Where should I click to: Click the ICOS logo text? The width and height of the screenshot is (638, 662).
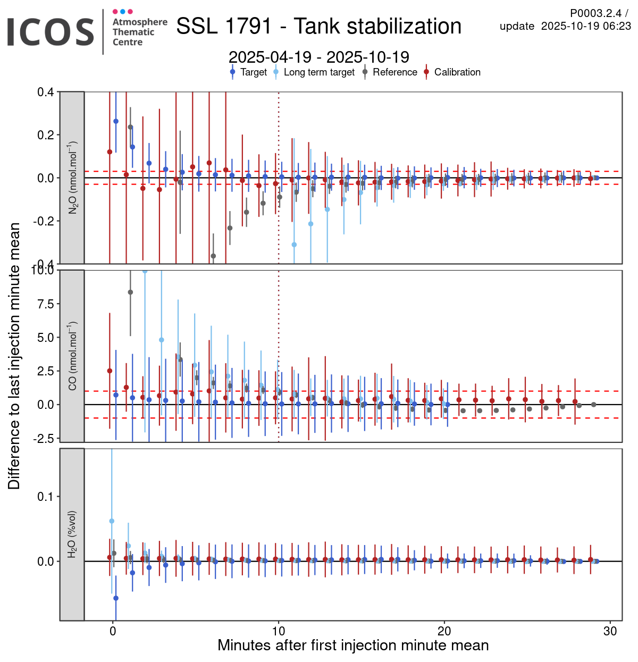tap(51, 32)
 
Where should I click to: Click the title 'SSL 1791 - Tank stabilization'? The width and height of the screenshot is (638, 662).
tap(318, 27)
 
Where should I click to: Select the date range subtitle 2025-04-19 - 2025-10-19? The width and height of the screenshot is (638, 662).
tap(318, 57)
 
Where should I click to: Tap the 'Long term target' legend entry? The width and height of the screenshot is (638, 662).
tap(318, 72)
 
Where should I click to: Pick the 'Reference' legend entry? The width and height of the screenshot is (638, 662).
tap(394, 72)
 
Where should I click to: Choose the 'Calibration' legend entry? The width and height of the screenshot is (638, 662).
tap(457, 72)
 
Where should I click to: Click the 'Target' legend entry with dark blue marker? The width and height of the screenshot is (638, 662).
tap(253, 72)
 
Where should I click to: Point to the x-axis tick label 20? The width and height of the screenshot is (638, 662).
tap(444, 631)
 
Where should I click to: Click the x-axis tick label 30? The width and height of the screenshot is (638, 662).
tap(610, 631)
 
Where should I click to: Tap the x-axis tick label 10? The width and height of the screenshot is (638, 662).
tap(278, 631)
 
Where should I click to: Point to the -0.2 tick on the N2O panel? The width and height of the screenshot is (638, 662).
tap(45, 221)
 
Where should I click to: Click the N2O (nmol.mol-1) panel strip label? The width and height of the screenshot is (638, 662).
tap(72, 178)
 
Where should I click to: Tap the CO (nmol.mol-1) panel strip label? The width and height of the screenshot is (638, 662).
tap(72, 356)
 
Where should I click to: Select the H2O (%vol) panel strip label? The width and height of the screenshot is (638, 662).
tap(72, 534)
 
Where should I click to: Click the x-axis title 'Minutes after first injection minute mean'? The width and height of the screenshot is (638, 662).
tap(353, 646)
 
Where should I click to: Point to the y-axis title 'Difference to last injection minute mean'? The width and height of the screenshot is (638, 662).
tap(14, 356)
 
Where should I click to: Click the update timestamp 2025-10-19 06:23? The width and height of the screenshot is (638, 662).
tap(586, 26)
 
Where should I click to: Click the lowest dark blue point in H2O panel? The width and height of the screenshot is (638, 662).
tap(116, 598)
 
